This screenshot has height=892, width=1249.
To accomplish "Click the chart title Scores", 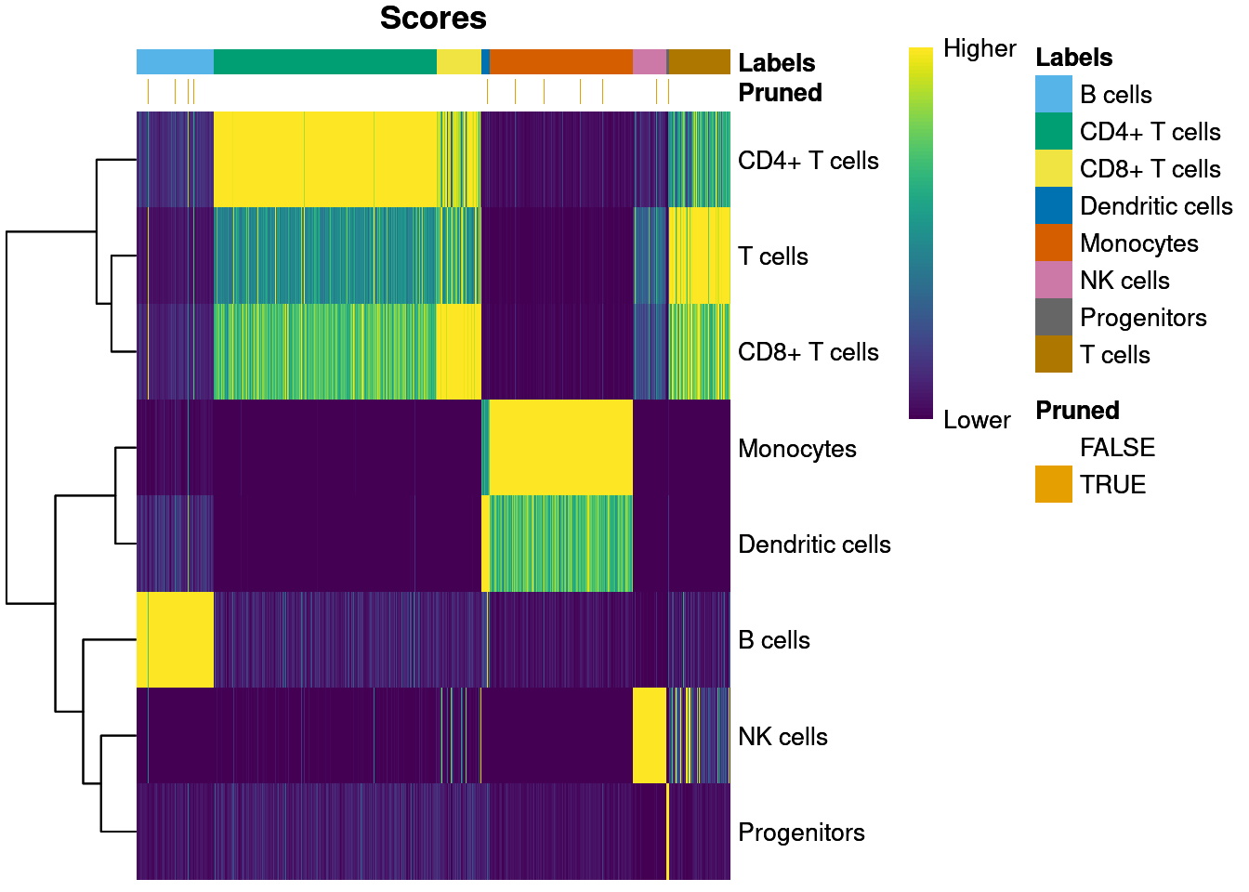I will (x=433, y=19).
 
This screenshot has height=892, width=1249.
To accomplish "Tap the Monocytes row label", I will (x=796, y=449).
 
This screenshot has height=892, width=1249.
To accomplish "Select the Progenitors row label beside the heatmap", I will (x=801, y=833).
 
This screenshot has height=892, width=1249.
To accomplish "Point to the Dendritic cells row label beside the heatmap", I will (x=814, y=544).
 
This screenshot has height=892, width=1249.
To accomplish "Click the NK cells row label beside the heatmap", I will (x=782, y=737).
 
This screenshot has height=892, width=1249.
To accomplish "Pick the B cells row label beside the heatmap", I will (x=773, y=640).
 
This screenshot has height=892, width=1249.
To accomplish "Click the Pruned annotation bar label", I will (x=780, y=93).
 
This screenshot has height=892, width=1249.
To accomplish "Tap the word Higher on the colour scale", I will (x=979, y=48).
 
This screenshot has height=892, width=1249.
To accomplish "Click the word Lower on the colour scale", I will (x=976, y=420).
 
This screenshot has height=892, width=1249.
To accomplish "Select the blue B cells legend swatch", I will (x=1054, y=95).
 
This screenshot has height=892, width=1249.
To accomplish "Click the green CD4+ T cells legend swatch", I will (x=1054, y=132).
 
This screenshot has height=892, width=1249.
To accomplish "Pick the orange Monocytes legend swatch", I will (x=1054, y=243).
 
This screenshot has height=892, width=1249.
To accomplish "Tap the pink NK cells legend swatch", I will (x=1054, y=281).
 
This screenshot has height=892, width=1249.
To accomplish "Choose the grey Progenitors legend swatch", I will (x=1054, y=318).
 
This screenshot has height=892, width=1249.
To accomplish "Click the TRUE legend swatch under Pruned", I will (x=1054, y=485).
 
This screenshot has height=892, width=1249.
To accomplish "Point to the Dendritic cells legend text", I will (x=1156, y=206).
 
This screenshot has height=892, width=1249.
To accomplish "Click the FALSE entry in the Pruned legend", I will (x=1117, y=448).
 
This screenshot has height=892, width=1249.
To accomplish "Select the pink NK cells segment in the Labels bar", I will (x=649, y=61).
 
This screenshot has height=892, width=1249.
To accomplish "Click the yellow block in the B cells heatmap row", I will (x=175, y=639).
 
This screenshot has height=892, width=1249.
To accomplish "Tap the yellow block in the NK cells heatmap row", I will (x=649, y=736).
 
